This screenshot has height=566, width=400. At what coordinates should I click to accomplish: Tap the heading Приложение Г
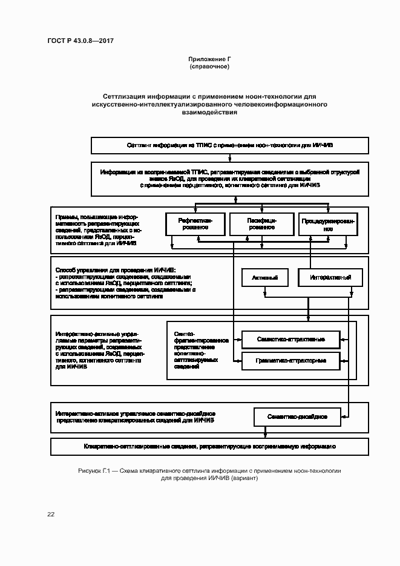point(209,59)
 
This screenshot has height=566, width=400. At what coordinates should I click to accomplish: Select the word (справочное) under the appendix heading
point(209,66)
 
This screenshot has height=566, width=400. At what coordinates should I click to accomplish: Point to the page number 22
point(51,514)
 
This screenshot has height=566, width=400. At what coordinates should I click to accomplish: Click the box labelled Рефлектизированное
point(193,225)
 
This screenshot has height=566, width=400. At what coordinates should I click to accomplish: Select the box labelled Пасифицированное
point(261,225)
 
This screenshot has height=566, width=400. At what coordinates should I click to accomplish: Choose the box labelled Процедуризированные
point(328,225)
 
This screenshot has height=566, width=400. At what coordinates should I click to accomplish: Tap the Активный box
point(264,278)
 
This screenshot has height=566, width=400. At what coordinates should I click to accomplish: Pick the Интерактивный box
point(331,278)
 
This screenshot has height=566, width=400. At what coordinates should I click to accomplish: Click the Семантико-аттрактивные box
point(290,339)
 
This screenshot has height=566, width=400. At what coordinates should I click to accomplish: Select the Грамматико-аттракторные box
point(290,361)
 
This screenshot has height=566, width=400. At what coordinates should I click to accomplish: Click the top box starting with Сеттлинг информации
point(231,146)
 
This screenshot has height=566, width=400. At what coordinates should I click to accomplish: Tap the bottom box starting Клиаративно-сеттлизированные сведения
point(209,446)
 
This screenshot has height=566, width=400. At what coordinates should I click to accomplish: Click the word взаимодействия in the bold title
point(209,113)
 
